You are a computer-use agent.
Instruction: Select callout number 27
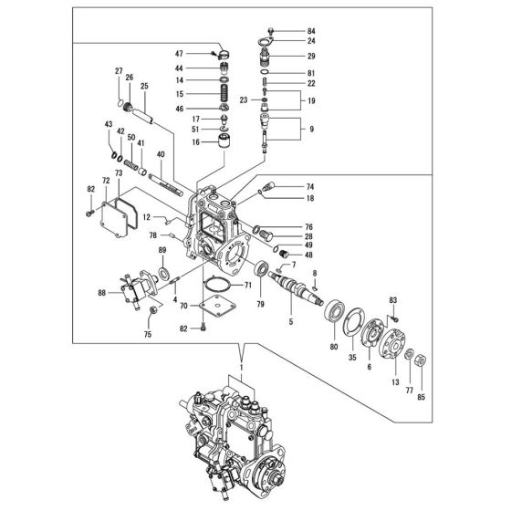(x=119, y=71)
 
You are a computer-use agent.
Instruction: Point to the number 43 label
(x=108, y=125)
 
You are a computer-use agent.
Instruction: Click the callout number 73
(x=119, y=172)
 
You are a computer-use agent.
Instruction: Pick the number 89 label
(x=162, y=250)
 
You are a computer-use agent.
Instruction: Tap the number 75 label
(x=147, y=335)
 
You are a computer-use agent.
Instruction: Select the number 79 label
(x=261, y=303)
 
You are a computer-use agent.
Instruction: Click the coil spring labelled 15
(x=222, y=93)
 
